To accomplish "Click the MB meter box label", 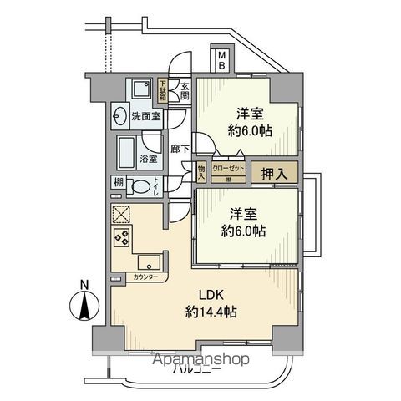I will pos(222,62).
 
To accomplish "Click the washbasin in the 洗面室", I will pos(119,116).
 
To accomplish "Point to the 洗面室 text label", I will pos(146,116).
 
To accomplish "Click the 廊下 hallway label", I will pos(179,149).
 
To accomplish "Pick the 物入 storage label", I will pos(201,171).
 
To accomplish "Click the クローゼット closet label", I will pos(228,167).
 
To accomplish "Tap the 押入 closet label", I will pos(272,173).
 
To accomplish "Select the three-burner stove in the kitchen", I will pos(119,240).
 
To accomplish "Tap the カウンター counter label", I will pos(146,277).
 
